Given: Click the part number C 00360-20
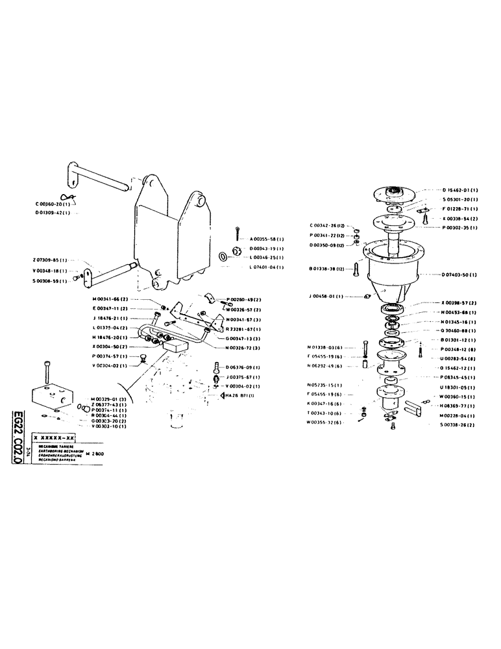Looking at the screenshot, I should tap(55, 203).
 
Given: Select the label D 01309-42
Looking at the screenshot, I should tap(56, 212).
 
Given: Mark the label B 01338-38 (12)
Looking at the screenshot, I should tap(331, 267).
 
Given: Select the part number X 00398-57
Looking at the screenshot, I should tap(459, 303).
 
